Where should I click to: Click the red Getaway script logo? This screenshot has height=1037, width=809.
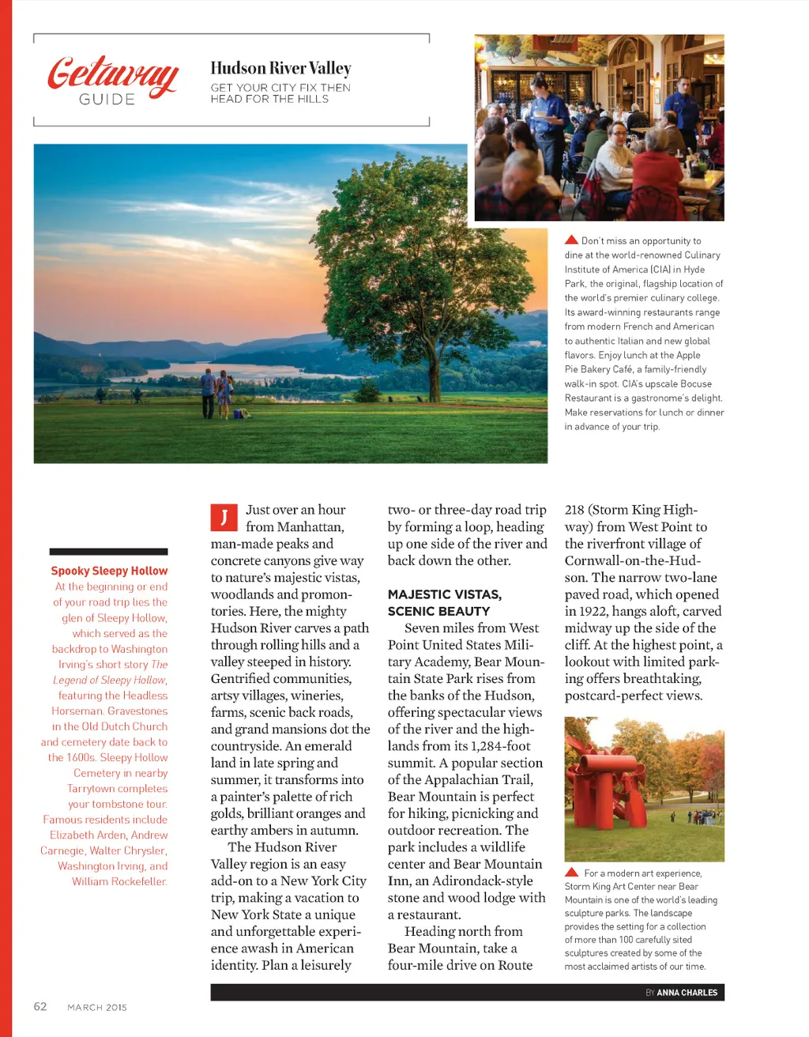tap(113, 75)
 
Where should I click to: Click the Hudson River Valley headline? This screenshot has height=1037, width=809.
tap(280, 69)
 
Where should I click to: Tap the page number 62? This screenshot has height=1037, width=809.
tap(40, 1006)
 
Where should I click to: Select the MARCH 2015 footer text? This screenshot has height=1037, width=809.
tap(97, 1007)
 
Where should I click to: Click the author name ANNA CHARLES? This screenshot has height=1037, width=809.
tap(687, 993)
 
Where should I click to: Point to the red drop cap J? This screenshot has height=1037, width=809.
tap(224, 518)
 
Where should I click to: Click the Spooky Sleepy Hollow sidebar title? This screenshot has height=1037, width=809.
tap(109, 571)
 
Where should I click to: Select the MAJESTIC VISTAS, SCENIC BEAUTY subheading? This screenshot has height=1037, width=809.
tap(444, 602)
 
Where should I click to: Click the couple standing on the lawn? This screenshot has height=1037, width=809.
tap(216, 393)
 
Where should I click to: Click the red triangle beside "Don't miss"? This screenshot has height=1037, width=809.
tap(571, 239)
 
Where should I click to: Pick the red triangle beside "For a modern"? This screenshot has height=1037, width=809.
tap(572, 873)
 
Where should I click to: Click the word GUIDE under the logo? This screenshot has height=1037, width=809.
tap(107, 100)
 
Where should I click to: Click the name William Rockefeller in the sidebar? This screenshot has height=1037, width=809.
tap(119, 881)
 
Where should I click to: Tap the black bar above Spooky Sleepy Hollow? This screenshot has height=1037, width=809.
tap(108, 552)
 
